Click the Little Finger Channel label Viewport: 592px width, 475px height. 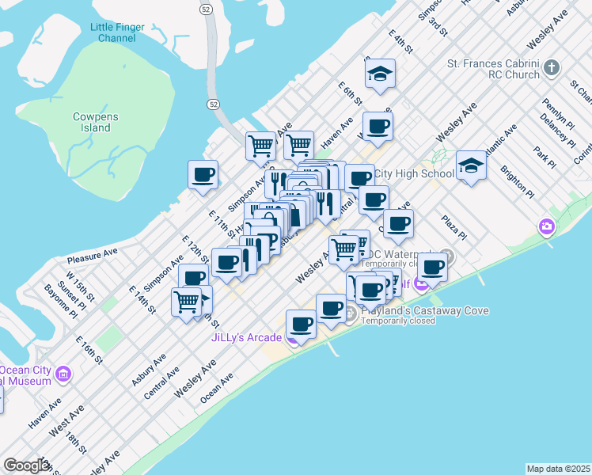coord(118,32)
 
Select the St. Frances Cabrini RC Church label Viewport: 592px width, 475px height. coord(493,70)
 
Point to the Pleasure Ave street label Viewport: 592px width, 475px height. coord(92,255)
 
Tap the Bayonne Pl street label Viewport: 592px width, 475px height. coord(60,301)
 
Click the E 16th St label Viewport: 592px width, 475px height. coord(89,349)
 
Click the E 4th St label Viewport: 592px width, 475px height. coord(401,42)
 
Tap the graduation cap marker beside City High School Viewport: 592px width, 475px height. coord(471,165)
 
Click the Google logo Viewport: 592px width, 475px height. coord(27,465)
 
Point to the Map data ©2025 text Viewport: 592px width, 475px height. coord(559,469)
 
